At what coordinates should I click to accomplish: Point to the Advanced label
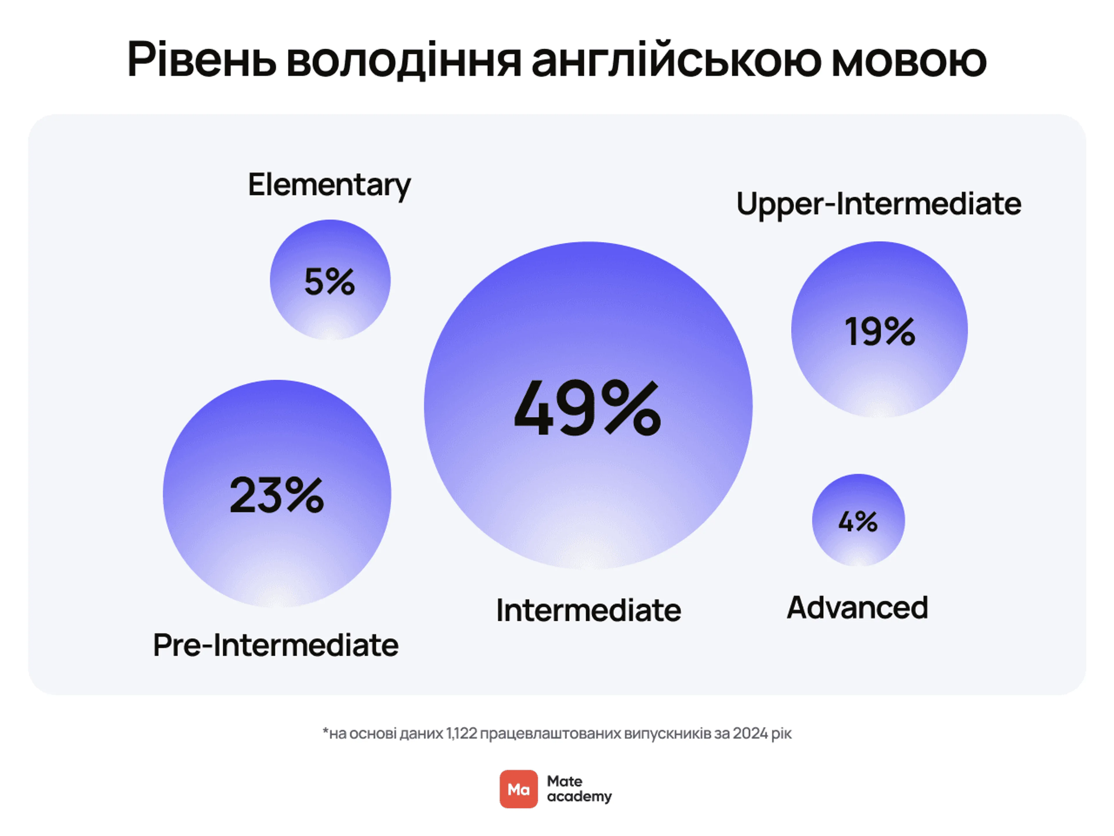[x=857, y=608]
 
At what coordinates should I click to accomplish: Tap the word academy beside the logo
[x=579, y=797]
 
